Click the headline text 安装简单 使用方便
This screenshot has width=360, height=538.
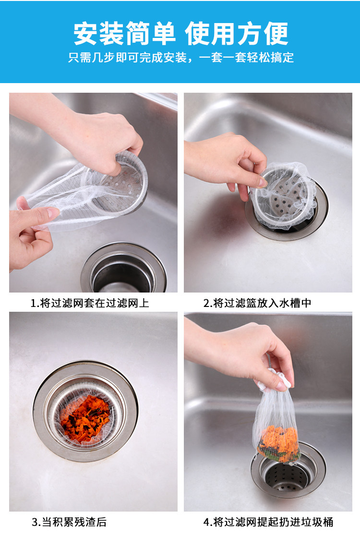pos(180,34)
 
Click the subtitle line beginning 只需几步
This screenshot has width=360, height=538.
pos(180,57)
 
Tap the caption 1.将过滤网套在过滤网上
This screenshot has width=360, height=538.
pos(90,303)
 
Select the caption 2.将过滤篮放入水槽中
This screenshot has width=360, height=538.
pos(257,303)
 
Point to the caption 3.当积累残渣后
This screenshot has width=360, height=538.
pos(69,522)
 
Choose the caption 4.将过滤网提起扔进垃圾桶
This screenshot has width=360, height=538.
pos(268,522)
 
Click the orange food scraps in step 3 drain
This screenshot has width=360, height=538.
pos(85,420)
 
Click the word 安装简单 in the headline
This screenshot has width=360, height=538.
pos(124,34)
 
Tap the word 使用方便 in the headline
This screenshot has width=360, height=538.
pos(237,34)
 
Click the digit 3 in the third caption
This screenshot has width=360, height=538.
pos(34,522)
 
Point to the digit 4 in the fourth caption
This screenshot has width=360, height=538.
pos(206,522)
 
